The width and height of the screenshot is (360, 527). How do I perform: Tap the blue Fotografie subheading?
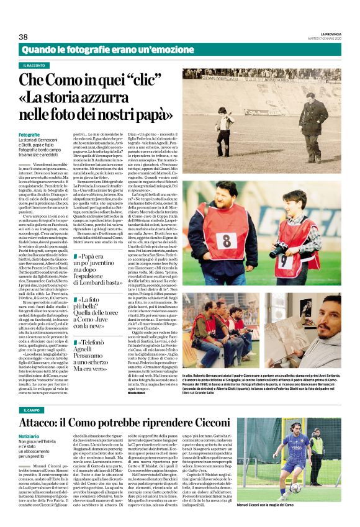click(29, 134)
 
